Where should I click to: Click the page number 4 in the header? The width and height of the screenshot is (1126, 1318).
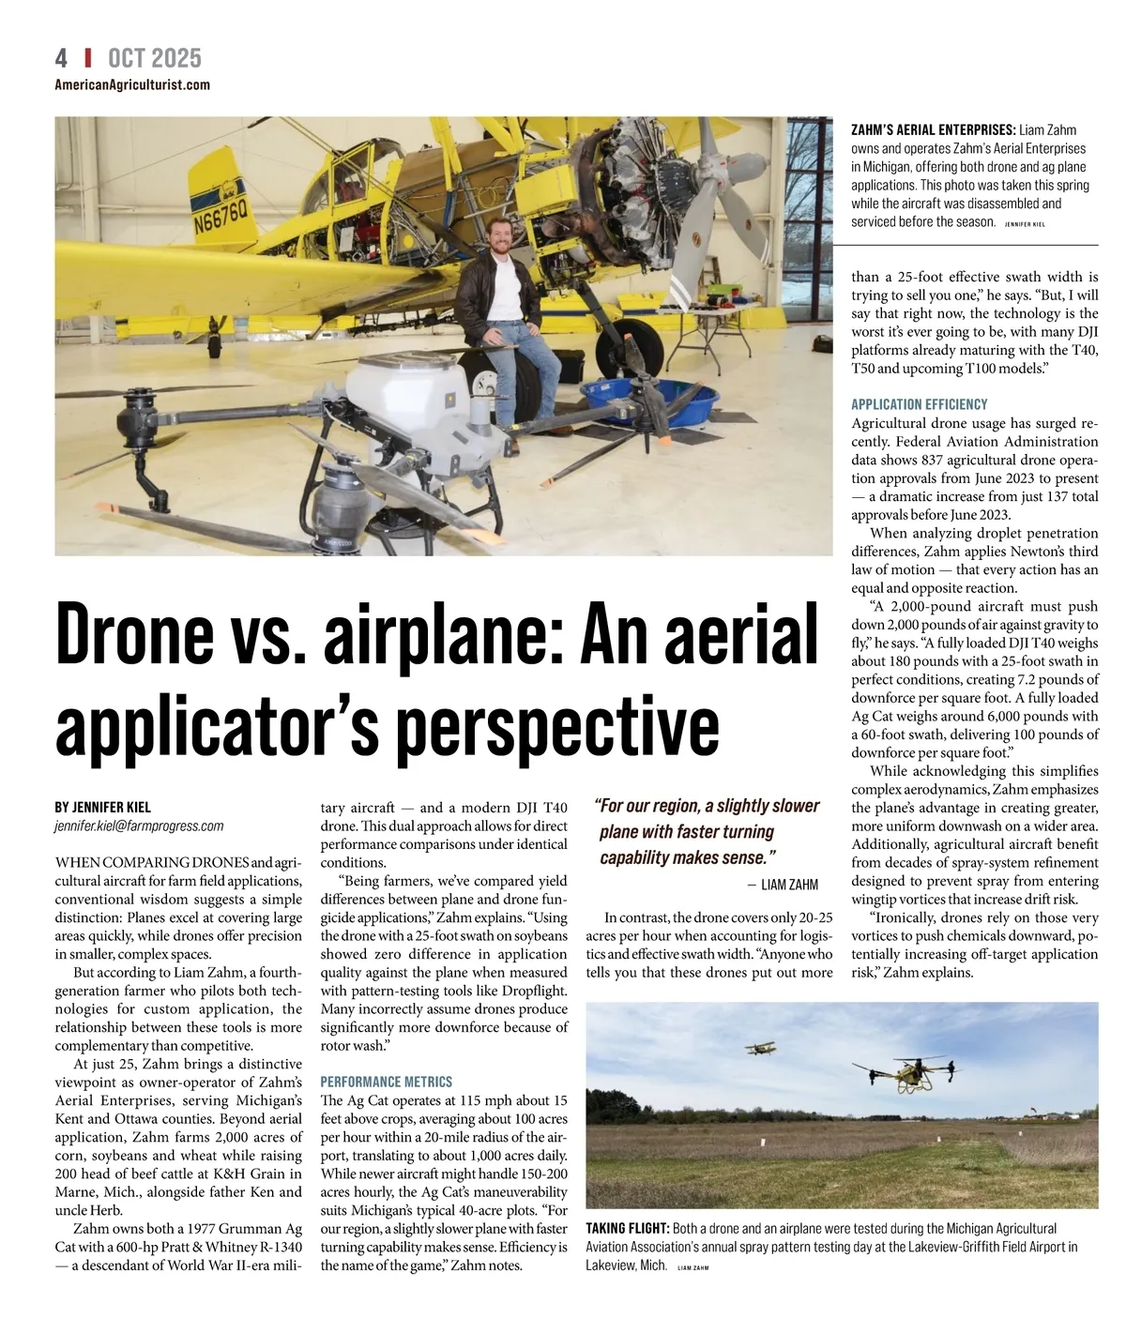[62, 58]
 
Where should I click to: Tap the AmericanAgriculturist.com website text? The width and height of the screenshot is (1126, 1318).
[132, 85]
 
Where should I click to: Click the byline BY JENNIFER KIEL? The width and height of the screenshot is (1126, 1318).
[102, 807]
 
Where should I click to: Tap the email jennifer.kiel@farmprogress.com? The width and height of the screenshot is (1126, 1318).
[139, 826]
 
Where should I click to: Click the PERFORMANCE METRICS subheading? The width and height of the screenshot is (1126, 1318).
[387, 1082]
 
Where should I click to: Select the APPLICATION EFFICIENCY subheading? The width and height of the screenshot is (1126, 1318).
[919, 404]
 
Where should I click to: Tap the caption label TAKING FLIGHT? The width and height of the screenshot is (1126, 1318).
[627, 1229]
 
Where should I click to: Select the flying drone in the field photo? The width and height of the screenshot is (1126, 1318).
[905, 1073]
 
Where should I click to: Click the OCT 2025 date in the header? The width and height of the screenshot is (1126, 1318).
[155, 58]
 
